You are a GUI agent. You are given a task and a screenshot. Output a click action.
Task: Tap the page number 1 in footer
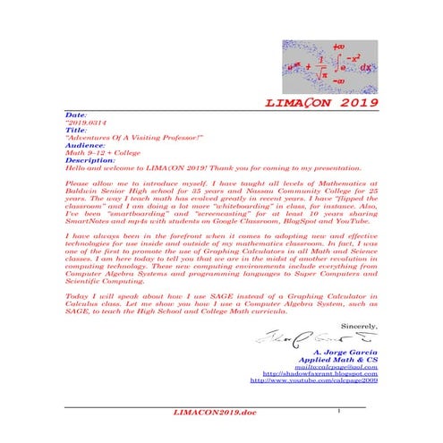342,408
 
